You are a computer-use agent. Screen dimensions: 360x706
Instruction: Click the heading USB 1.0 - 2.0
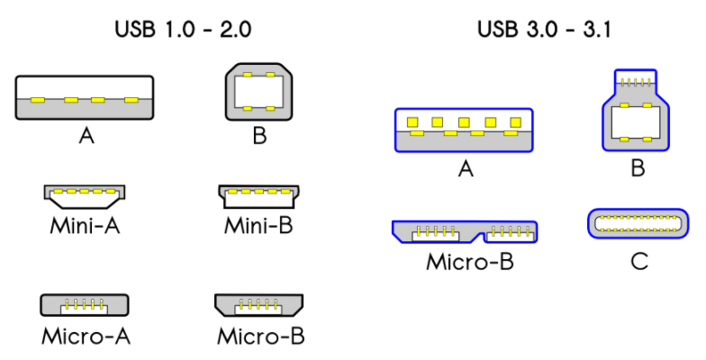click(182, 29)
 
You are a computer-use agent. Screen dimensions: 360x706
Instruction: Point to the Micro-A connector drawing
click(85, 304)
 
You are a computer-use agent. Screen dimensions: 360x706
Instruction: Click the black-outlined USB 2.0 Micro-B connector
click(259, 304)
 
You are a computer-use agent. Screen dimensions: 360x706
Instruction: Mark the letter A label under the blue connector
click(465, 168)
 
